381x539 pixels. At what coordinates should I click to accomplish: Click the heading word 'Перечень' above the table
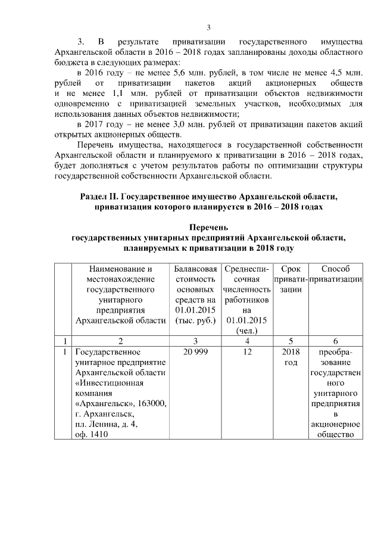[208, 227]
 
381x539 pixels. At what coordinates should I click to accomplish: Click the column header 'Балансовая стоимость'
[196, 274]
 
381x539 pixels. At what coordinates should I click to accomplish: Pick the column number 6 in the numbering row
[336, 340]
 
